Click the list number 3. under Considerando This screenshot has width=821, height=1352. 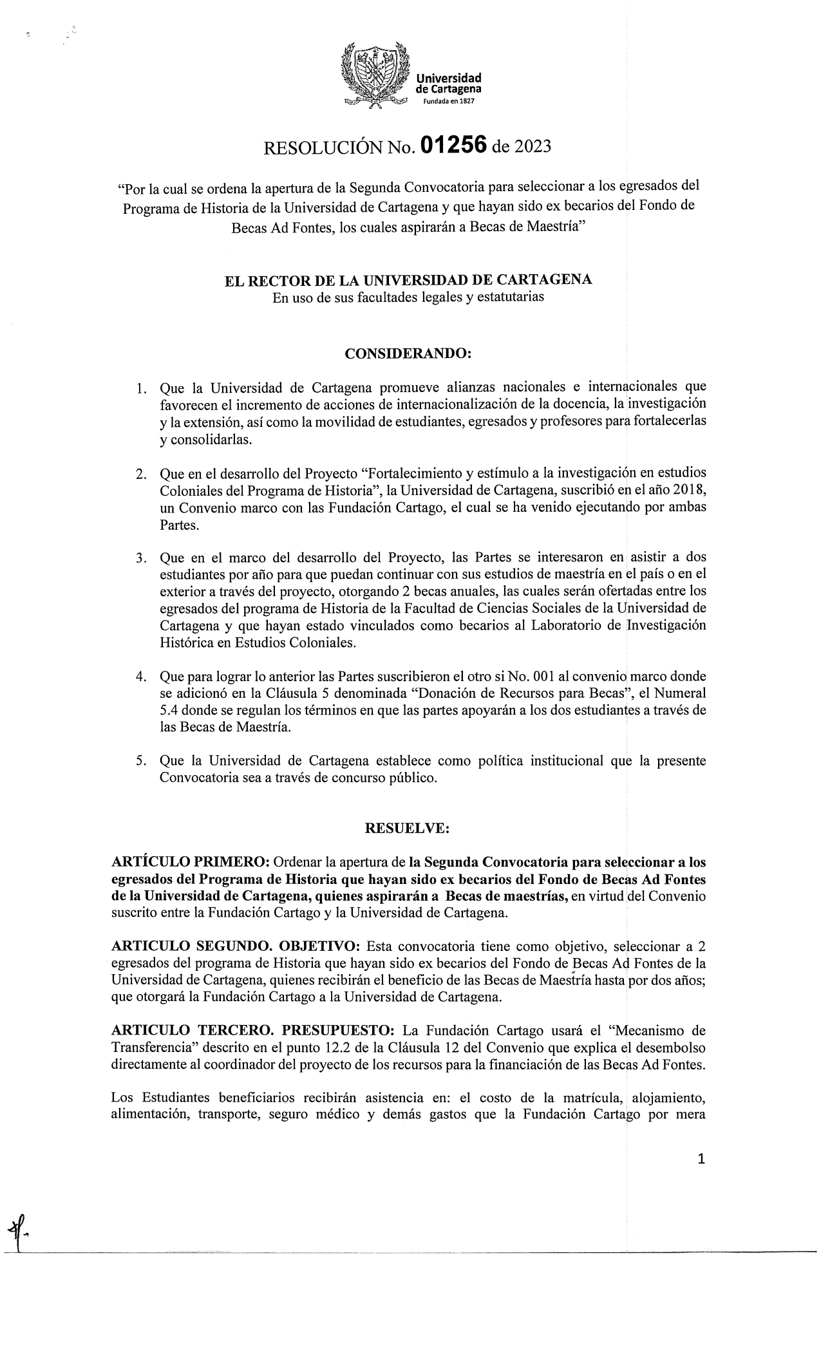point(141,557)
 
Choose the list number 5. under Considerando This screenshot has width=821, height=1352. point(141,761)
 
